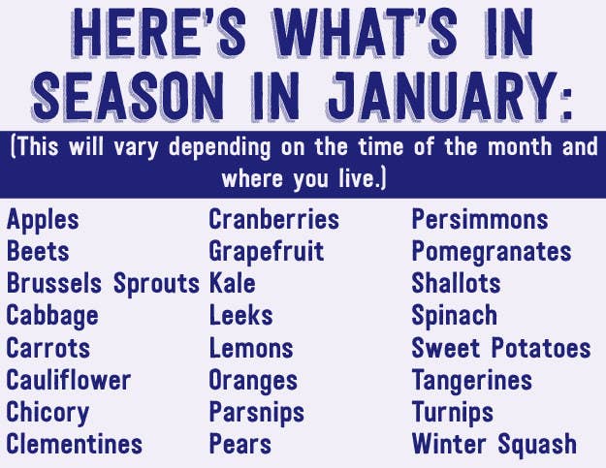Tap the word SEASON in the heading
coord(127,96)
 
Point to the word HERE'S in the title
coord(158,34)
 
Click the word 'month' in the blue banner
coord(520,146)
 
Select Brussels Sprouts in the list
coord(103,284)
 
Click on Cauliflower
coord(69,380)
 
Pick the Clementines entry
coord(75,444)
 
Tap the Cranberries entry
coord(274,219)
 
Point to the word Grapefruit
coord(267,252)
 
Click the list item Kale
coord(233,284)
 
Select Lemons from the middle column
coord(251,348)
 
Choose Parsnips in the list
coord(257,413)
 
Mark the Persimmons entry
coord(480,219)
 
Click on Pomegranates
coord(492,252)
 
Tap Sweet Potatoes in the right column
coord(501,348)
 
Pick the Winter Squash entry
coord(494,445)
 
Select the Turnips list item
coord(453,413)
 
